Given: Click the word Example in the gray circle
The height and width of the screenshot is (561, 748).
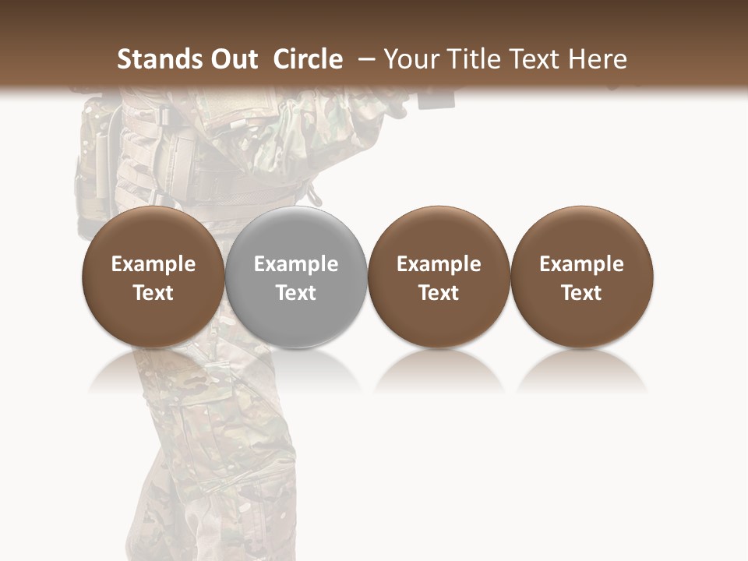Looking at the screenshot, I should pyautogui.click(x=296, y=264).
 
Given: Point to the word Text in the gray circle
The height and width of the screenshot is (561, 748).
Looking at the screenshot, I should pyautogui.click(x=296, y=293).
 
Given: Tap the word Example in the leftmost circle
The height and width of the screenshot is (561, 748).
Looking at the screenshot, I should pyautogui.click(x=153, y=264).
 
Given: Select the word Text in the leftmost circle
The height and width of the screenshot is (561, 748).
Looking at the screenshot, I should pyautogui.click(x=153, y=293).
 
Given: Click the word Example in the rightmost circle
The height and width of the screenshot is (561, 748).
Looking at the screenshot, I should pyautogui.click(x=581, y=264).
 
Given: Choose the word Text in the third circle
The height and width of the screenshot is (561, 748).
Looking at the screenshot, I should pyautogui.click(x=439, y=293).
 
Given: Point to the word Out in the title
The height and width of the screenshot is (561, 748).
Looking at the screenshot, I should pyautogui.click(x=231, y=59).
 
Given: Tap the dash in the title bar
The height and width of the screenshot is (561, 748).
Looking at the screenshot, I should pyautogui.click(x=367, y=59).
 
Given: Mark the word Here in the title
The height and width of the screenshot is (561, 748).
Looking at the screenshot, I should pyautogui.click(x=598, y=59).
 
